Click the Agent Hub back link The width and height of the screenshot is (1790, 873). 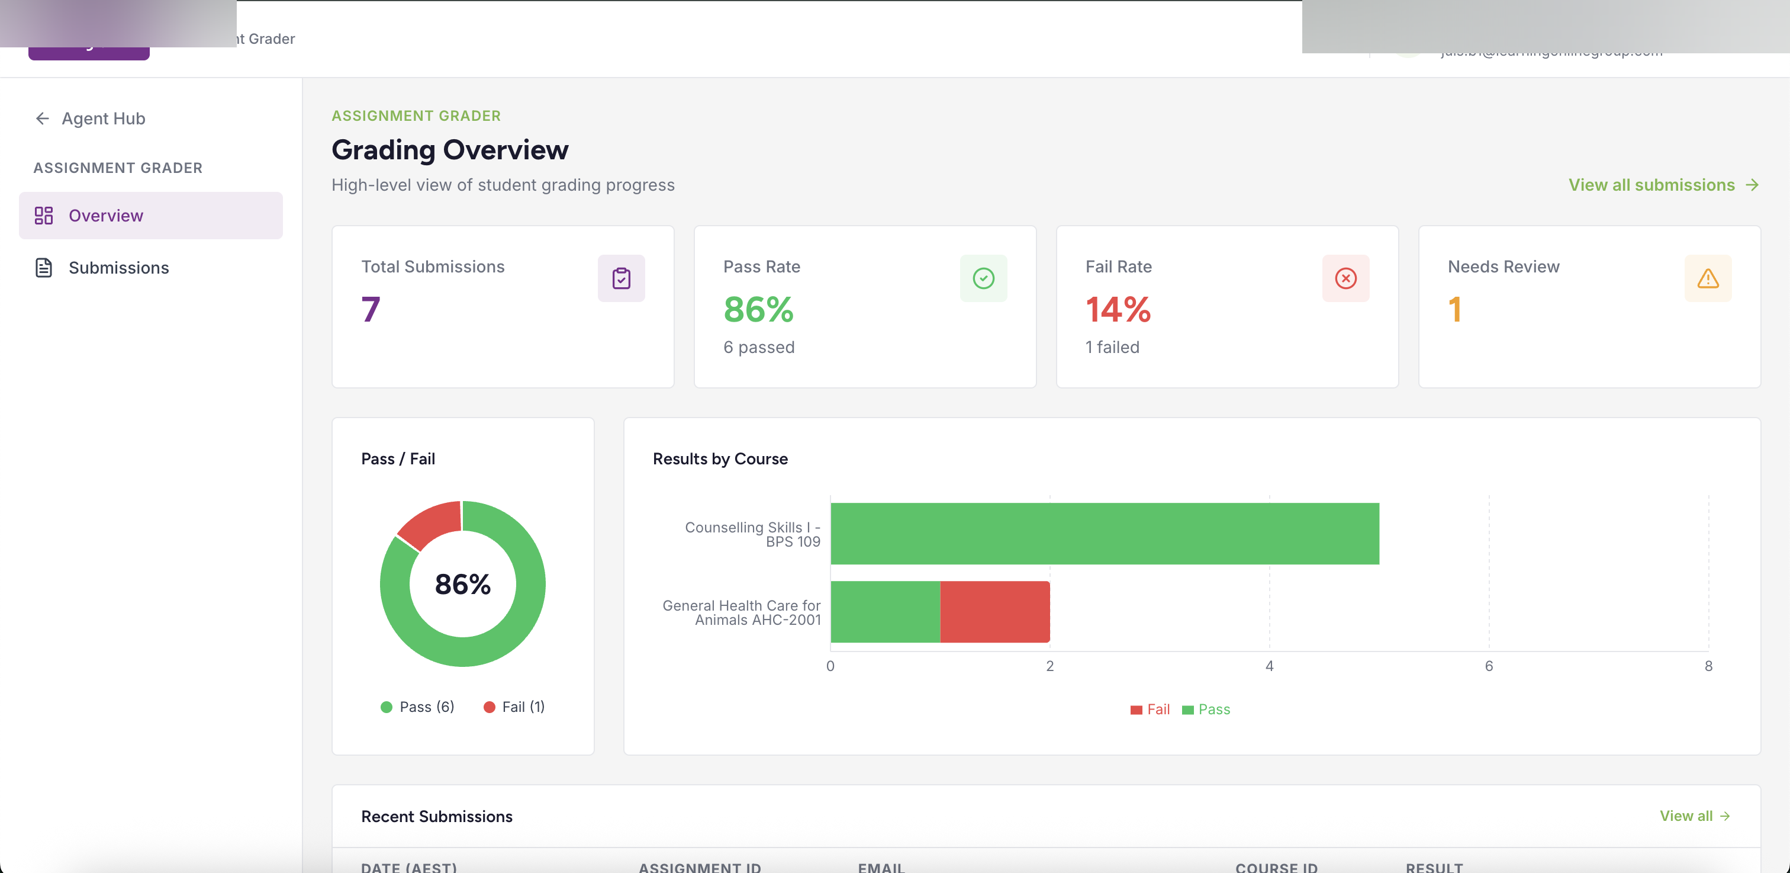(x=91, y=118)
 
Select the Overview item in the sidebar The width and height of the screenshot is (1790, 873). (x=105, y=216)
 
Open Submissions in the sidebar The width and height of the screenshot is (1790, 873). (x=118, y=268)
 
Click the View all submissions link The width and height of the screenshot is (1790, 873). (x=1662, y=185)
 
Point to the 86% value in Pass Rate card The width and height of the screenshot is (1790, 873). (x=758, y=309)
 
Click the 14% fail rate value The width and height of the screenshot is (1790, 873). (x=1118, y=309)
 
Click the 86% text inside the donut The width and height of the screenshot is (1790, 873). (x=462, y=584)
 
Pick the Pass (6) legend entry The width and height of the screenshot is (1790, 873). (x=418, y=707)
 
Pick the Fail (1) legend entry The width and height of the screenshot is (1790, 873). (x=514, y=707)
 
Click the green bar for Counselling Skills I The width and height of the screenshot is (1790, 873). (x=1103, y=533)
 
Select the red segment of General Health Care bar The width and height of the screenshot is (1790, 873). (x=994, y=612)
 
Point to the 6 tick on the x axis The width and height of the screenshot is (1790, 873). (x=1489, y=666)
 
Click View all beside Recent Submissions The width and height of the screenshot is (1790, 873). (x=1694, y=816)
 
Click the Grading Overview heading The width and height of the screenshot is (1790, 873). (x=450, y=149)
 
